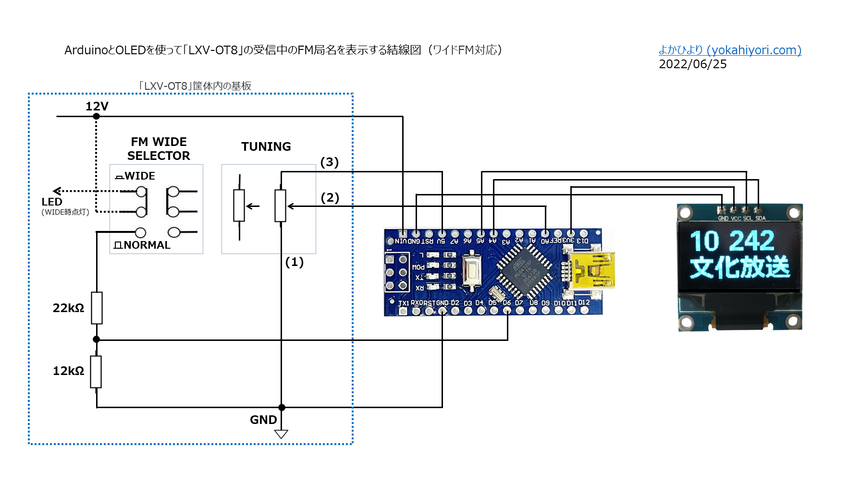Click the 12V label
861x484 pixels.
pyautogui.click(x=97, y=106)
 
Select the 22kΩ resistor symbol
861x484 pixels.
pyautogui.click(x=97, y=308)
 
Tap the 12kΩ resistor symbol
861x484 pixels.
pyautogui.click(x=96, y=372)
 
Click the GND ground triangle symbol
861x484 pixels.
pyautogui.click(x=281, y=434)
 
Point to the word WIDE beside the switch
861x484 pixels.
pyautogui.click(x=139, y=176)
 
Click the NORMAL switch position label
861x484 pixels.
pyautogui.click(x=147, y=245)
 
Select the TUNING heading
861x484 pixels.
pyautogui.click(x=266, y=147)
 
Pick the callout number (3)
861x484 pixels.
pyautogui.click(x=330, y=162)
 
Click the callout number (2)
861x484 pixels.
pyautogui.click(x=330, y=198)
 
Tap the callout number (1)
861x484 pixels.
pyautogui.click(x=295, y=262)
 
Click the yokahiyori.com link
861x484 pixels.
pyautogui.click(x=730, y=50)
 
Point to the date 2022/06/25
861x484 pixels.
pyautogui.click(x=692, y=64)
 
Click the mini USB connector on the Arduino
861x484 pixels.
pyautogui.click(x=590, y=271)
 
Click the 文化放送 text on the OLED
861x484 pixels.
pyautogui.click(x=739, y=267)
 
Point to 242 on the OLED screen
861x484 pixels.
pyautogui.click(x=752, y=241)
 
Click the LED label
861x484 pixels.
pyautogui.click(x=52, y=202)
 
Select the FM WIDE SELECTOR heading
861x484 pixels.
pyautogui.click(x=159, y=149)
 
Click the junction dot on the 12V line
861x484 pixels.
pyautogui.click(x=97, y=116)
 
